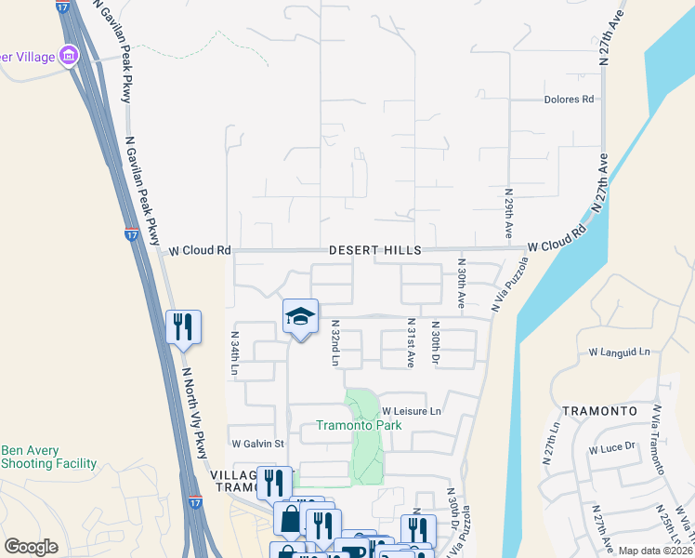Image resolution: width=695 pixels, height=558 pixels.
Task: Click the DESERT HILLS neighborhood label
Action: pos(374,250)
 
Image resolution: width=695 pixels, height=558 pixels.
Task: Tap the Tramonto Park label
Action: pos(358,426)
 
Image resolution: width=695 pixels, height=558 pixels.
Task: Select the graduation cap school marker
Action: pos(300,316)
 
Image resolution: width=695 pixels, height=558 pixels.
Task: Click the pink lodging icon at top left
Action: pos(69,58)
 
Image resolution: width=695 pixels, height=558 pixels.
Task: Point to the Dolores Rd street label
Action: pos(569,100)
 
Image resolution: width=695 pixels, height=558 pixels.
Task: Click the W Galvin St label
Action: pos(257,444)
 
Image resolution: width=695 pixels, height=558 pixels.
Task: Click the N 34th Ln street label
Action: pos(235,353)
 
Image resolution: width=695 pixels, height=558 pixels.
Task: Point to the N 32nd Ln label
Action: pos(335,343)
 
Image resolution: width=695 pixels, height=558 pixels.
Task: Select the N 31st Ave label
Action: pos(410,343)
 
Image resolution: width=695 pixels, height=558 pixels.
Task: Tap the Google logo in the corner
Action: pos(31,547)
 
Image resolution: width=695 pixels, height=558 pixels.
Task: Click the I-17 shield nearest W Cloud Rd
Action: pos(132,234)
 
